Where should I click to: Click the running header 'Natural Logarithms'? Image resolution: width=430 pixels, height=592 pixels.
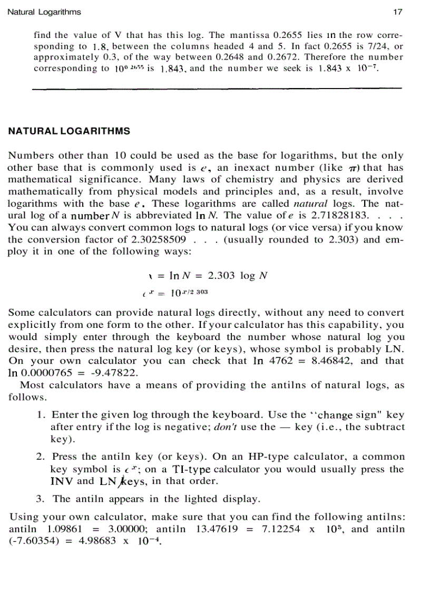(x=44, y=12)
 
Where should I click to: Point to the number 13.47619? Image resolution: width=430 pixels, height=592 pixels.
(x=215, y=529)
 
